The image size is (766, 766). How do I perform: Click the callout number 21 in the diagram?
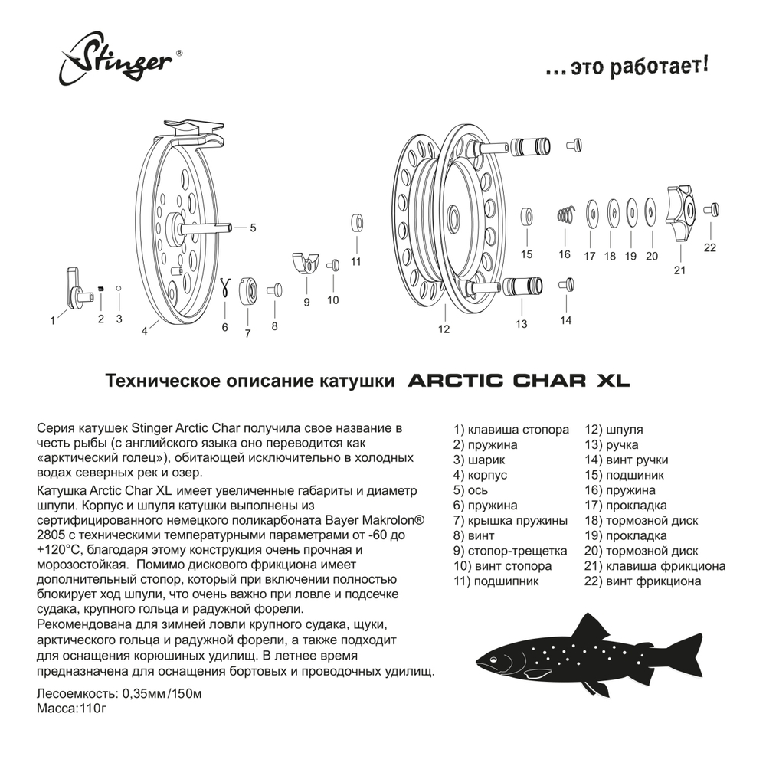[x=679, y=270]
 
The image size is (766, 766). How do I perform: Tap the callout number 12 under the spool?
[x=444, y=329]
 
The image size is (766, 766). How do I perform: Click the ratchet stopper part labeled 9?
[x=306, y=263]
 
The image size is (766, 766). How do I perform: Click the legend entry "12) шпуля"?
[x=614, y=430]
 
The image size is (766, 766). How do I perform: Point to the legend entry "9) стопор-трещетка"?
[x=510, y=551]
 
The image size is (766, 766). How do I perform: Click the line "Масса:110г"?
[x=69, y=709]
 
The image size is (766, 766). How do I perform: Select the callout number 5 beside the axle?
[x=253, y=228]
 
